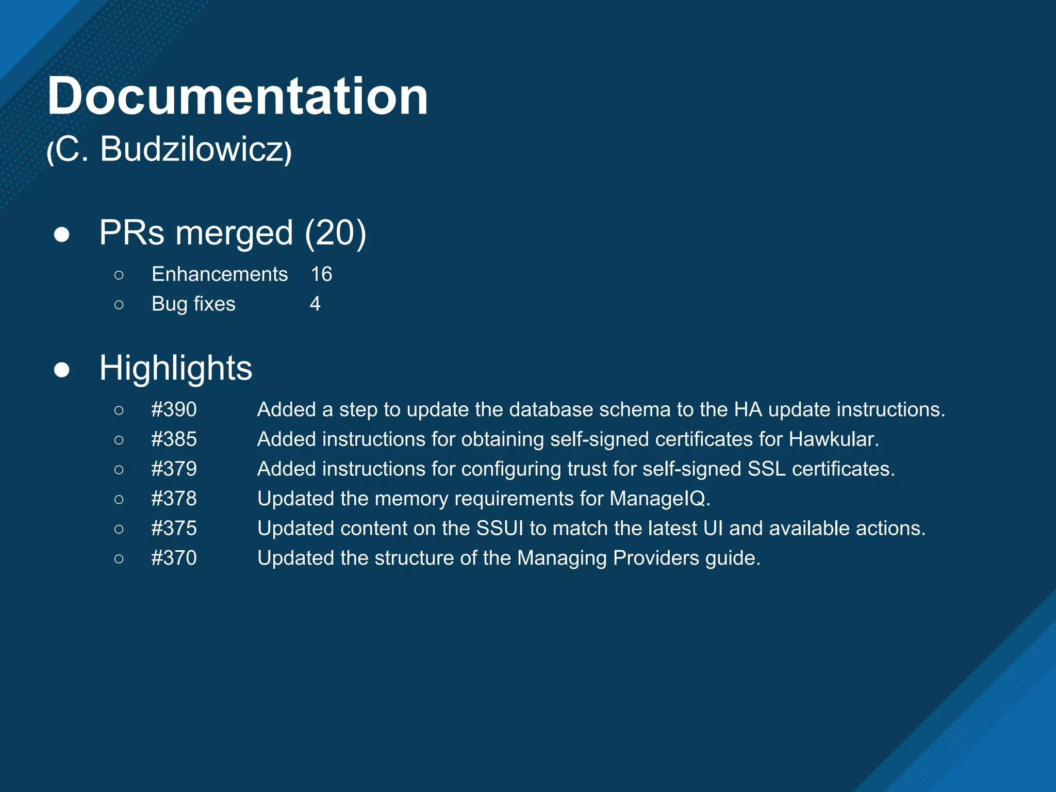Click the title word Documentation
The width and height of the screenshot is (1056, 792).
(238, 96)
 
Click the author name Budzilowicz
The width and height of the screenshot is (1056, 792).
(191, 150)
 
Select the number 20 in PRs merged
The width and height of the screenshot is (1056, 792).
(335, 233)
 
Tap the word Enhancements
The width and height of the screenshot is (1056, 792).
(220, 274)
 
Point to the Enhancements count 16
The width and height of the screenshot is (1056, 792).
(321, 274)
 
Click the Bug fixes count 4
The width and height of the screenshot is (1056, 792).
(315, 304)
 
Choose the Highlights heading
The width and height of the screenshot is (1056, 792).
(176, 368)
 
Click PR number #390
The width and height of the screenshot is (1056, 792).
(174, 409)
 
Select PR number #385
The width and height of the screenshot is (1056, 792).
(174, 439)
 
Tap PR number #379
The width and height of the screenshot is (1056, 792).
(174, 469)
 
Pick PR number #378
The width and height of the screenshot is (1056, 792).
(174, 499)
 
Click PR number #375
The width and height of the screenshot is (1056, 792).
(174, 529)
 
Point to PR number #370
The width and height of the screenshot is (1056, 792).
(174, 558)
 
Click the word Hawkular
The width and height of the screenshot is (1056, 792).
(833, 439)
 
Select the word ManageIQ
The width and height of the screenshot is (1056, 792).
(659, 499)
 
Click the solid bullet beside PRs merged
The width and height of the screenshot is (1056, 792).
(62, 235)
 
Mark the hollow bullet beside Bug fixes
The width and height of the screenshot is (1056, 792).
(119, 305)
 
